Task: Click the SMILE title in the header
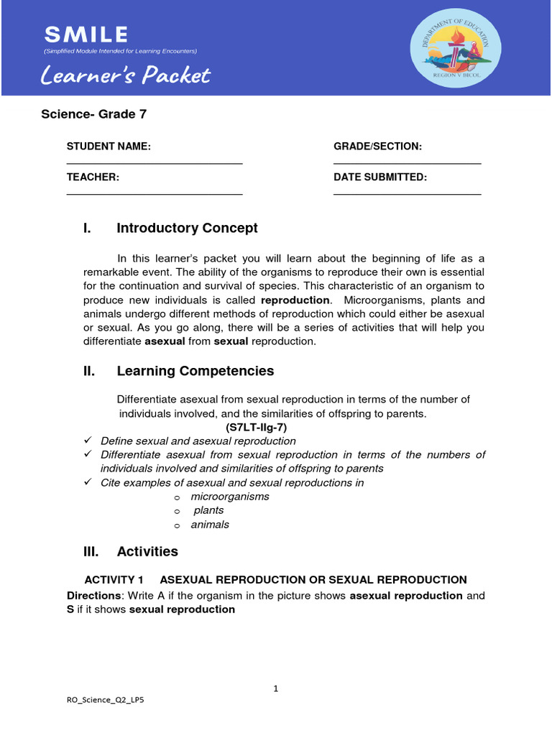(x=86, y=34)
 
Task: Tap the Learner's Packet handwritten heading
(x=126, y=75)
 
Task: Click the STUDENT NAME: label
(x=109, y=147)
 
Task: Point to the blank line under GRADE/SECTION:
(x=407, y=164)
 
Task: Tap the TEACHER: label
(x=93, y=178)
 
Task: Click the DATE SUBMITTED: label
(x=380, y=178)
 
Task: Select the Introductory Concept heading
(x=187, y=229)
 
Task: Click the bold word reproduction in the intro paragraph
(x=295, y=300)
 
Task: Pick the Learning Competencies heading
(x=195, y=372)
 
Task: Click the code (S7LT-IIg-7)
(x=257, y=427)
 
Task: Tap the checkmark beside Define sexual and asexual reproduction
(x=88, y=441)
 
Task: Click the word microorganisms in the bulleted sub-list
(x=230, y=497)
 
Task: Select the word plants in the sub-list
(x=208, y=510)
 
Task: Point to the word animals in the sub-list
(x=210, y=525)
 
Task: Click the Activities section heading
(x=147, y=552)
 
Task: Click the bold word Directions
(x=93, y=596)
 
